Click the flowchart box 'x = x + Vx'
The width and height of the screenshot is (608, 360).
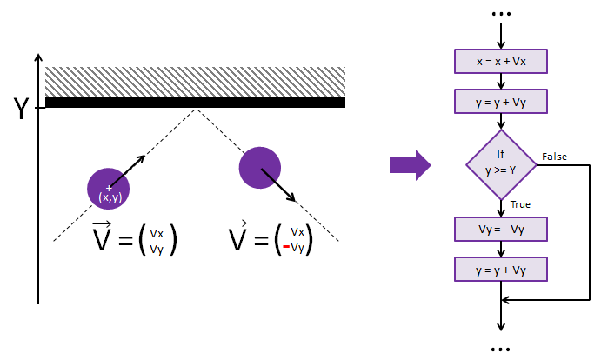501,61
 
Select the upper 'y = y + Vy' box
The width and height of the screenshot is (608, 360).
501,102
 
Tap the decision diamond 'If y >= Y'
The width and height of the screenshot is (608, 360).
501,164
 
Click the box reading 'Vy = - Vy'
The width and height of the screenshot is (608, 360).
501,229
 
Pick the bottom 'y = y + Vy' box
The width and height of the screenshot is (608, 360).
501,269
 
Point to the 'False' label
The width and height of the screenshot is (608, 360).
554,157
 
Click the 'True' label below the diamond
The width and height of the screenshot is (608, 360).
520,204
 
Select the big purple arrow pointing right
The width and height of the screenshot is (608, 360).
410,165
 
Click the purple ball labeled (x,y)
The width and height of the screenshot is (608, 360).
108,189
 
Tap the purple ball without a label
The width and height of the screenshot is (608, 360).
260,168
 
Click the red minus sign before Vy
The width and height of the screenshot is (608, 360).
286,246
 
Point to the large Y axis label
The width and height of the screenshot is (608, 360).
22,108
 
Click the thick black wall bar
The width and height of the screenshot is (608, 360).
195,103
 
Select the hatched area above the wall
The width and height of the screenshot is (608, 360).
195,82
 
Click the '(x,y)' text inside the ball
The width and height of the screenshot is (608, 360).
110,197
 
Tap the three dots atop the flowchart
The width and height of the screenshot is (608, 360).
501,14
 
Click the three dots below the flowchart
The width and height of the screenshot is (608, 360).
500,350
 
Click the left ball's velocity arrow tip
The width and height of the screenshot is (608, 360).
144,156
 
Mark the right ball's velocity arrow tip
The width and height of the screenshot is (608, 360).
295,202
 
